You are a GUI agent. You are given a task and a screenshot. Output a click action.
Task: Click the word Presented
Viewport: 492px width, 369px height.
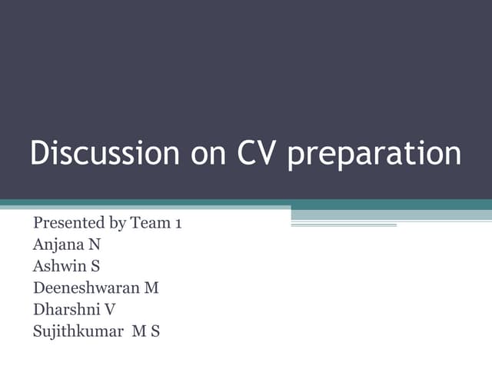(64, 223)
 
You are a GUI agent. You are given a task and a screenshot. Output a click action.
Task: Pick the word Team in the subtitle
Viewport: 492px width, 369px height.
(148, 223)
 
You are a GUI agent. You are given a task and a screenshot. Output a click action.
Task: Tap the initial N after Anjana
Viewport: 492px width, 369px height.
(95, 245)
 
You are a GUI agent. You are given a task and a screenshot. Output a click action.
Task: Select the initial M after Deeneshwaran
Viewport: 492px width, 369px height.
(151, 288)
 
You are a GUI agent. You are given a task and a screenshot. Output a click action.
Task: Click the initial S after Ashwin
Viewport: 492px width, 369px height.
(91, 267)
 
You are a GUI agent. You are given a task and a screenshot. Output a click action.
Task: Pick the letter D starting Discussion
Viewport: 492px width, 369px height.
(38, 153)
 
